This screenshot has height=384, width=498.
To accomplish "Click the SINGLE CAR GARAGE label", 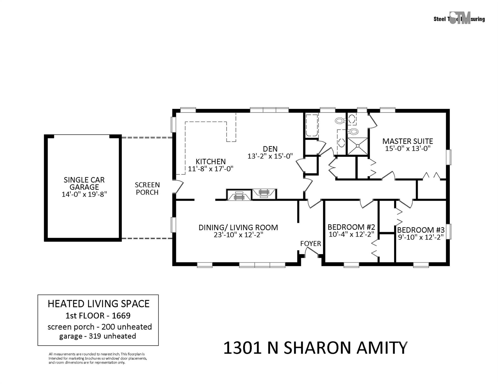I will pos(84,183).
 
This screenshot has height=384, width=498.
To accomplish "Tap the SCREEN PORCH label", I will pos(147,188).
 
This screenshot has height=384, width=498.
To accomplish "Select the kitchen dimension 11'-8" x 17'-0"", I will pos(210,169).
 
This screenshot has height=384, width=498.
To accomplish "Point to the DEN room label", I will pos(270,149).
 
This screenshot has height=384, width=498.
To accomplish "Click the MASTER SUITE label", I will pos(408,141).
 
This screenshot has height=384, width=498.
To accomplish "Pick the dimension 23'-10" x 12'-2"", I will pos(238,235).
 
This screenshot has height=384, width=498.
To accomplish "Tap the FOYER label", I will pos(310,243).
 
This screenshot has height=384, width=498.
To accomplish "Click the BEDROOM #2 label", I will pos(351,227).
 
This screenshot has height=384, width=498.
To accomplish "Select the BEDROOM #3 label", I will pos(421,230).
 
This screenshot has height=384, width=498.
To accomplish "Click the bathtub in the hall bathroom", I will pos(312,125).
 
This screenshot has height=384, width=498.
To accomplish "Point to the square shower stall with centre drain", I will pos(357,146).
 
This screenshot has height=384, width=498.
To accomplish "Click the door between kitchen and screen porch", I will pos(178,186).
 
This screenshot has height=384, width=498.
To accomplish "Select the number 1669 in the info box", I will pos(121,316).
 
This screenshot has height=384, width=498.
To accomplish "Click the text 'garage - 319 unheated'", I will pos(97,336).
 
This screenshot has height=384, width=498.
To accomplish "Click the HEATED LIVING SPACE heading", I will pos(98,304).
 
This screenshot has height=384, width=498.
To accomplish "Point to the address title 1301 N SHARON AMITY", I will pos(315,348).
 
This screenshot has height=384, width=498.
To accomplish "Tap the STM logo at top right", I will pos(460,18).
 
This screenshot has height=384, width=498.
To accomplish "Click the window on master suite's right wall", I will pos(449,157).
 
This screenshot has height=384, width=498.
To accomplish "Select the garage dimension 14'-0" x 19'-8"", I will pos(84,194).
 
